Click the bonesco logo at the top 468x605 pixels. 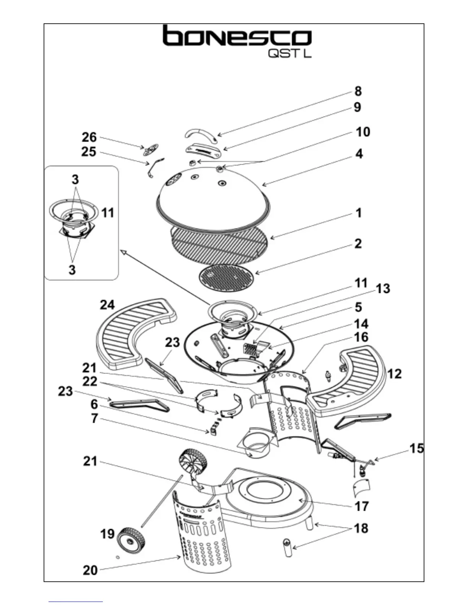coord(237,37)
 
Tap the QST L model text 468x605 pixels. coord(290,53)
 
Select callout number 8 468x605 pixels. coord(357,91)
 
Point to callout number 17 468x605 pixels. coord(361,506)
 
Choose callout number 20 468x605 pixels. coord(90,570)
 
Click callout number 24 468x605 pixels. coord(107,305)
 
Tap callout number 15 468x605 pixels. coord(416,448)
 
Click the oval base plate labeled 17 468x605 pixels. coord(268,500)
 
